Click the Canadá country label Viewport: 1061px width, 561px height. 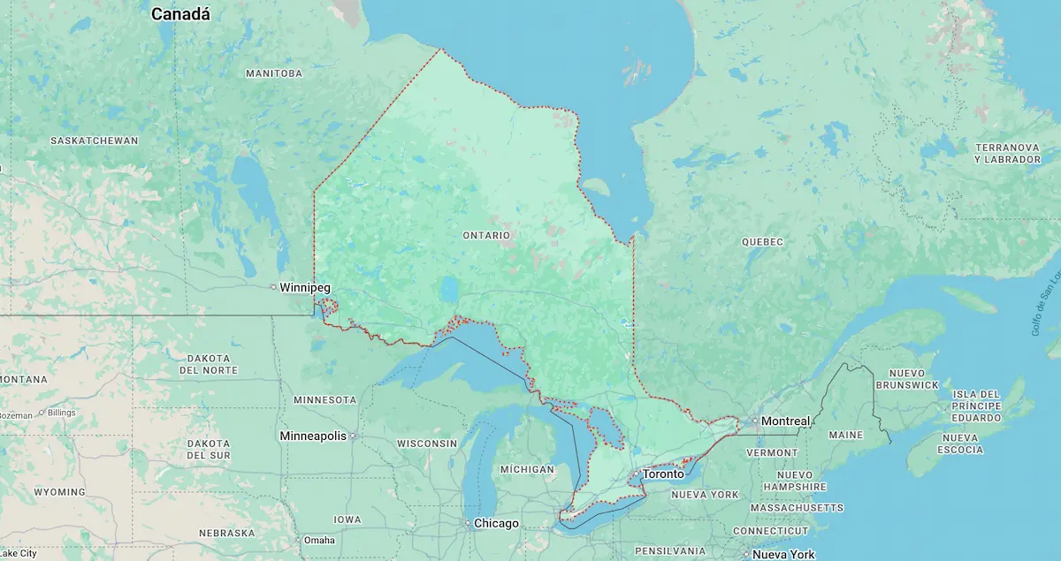coord(180,14)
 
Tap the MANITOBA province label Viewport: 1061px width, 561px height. coord(274,73)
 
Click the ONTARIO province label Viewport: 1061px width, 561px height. coord(486,236)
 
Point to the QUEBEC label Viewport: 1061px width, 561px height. coord(762,242)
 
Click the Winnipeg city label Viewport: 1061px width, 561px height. coord(305,288)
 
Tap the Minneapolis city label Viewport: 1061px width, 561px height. coord(313,436)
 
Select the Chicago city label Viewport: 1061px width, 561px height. coord(496,524)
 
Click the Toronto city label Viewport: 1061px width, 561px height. coord(663,474)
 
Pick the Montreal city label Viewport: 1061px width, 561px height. coord(785,421)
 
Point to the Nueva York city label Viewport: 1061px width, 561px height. coord(783,555)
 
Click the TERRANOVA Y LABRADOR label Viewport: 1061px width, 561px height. coord(1007,153)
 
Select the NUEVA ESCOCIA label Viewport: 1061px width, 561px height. coord(961,444)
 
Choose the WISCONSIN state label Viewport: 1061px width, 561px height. coord(426,443)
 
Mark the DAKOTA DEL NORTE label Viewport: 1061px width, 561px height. coord(208,364)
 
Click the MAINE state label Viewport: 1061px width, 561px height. coord(845,436)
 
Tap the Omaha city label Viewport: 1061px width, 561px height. coord(319,541)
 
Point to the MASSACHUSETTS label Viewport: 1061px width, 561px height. coord(797,508)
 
